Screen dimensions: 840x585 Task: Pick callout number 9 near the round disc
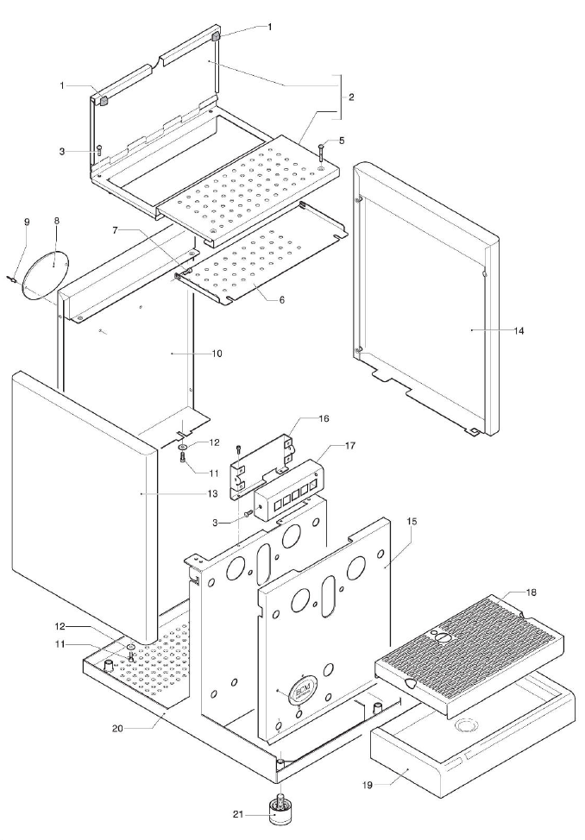coord(26,222)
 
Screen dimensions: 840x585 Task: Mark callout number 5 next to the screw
coord(342,140)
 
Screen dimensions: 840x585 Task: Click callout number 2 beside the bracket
coord(351,97)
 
